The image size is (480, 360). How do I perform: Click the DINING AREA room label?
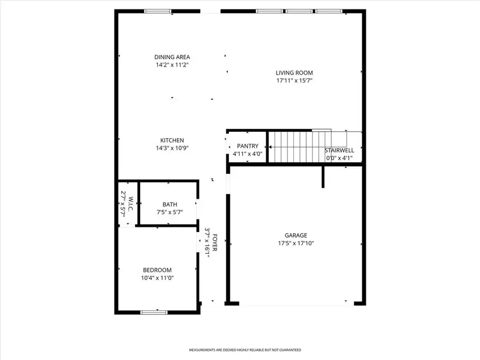point(172,57)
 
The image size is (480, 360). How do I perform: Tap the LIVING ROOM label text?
point(294,73)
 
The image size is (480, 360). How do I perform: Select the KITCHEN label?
point(171,140)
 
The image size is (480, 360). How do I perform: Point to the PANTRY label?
point(247,146)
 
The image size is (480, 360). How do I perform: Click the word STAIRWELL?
point(339,150)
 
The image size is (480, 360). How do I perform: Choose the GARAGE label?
point(295,235)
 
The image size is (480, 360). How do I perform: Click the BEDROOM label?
point(157,270)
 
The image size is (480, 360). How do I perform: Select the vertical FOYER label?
point(215,243)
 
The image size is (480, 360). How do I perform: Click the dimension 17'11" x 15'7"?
point(294,81)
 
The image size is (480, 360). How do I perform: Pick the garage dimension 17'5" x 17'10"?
point(295,243)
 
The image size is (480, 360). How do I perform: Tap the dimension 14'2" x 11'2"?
point(172,65)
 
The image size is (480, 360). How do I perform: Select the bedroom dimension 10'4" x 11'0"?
point(157,278)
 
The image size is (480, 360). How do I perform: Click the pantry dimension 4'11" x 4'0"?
point(247,154)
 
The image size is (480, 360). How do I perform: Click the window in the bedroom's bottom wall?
point(154,312)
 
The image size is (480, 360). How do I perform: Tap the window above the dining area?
point(158,11)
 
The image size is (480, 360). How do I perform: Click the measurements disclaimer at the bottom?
point(245,350)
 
